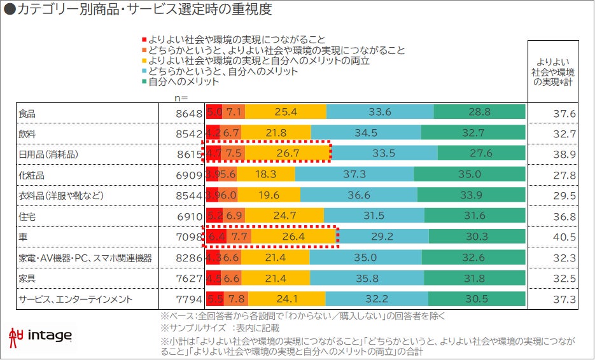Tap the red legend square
coord(145,39)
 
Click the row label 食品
coord(27,114)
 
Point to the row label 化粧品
coord(32,174)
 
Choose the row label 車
coord(23,237)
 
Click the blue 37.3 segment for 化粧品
coord(354,174)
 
